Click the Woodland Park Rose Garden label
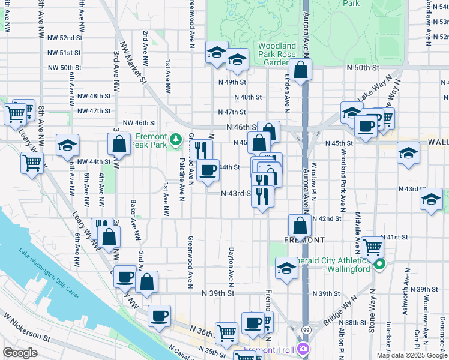[277, 54]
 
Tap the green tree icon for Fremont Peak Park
[175, 140]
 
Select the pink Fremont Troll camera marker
[304, 349]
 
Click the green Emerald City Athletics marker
[379, 265]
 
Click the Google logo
[20, 353]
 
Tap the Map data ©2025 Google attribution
[411, 355]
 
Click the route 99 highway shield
[307, 330]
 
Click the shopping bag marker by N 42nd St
[300, 226]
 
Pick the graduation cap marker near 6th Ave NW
[68, 145]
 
